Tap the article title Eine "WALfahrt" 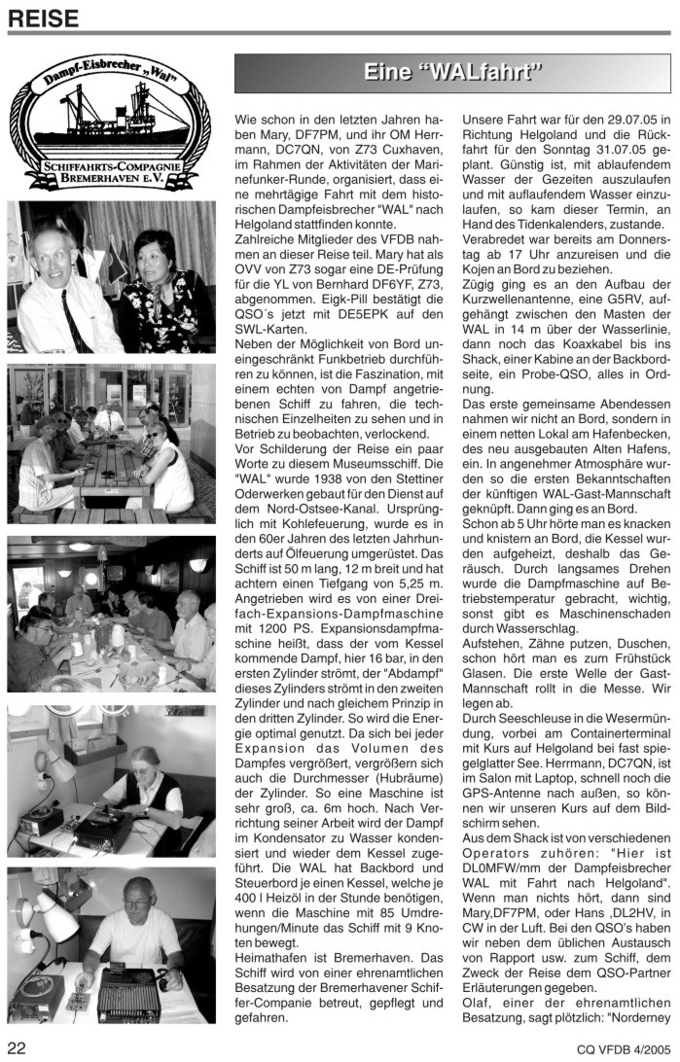coord(452,73)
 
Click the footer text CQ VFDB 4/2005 coord(618,1047)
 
